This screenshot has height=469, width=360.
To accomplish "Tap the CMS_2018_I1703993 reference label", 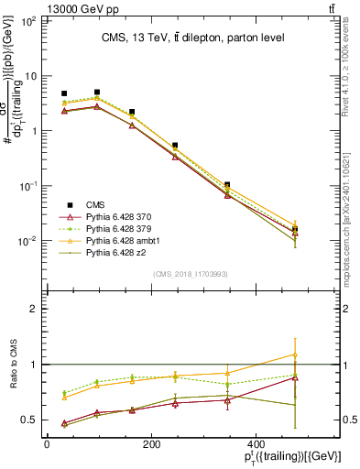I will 191,273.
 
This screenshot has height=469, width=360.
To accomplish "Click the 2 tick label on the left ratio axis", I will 29,309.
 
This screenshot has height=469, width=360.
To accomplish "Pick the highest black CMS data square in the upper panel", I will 97,93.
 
